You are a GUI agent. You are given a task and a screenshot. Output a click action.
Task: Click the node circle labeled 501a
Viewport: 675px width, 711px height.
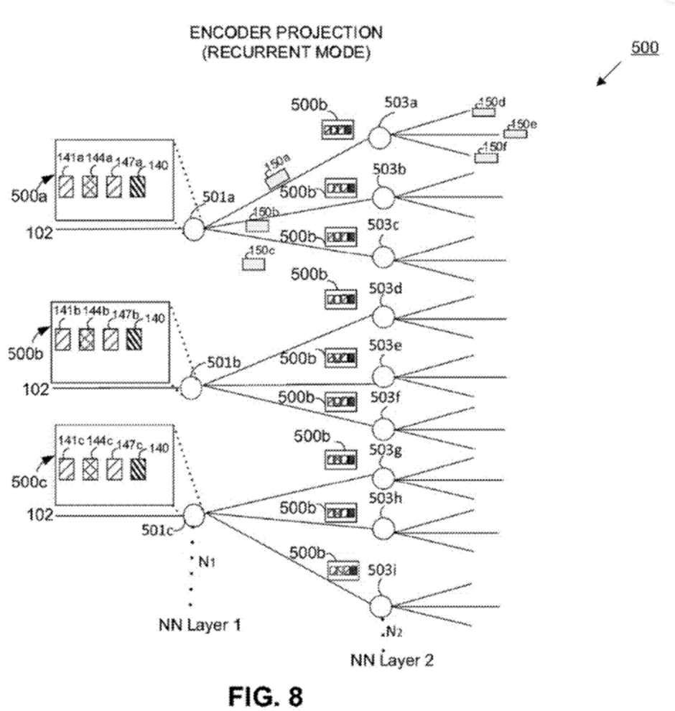194,229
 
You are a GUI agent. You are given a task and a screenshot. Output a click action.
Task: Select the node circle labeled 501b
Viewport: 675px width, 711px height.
190,388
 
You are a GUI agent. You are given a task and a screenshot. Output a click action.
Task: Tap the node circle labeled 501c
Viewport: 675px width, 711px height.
194,515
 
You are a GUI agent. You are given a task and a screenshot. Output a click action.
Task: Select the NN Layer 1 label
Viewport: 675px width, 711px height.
198,624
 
